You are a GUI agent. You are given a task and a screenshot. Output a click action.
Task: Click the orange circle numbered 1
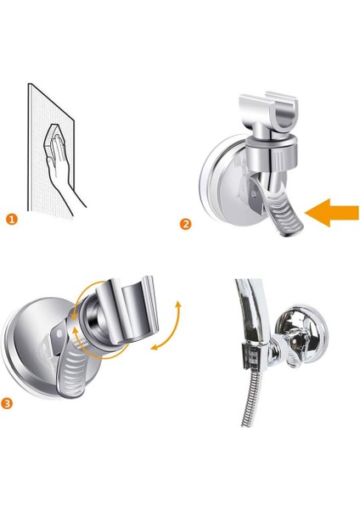point(12,220)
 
